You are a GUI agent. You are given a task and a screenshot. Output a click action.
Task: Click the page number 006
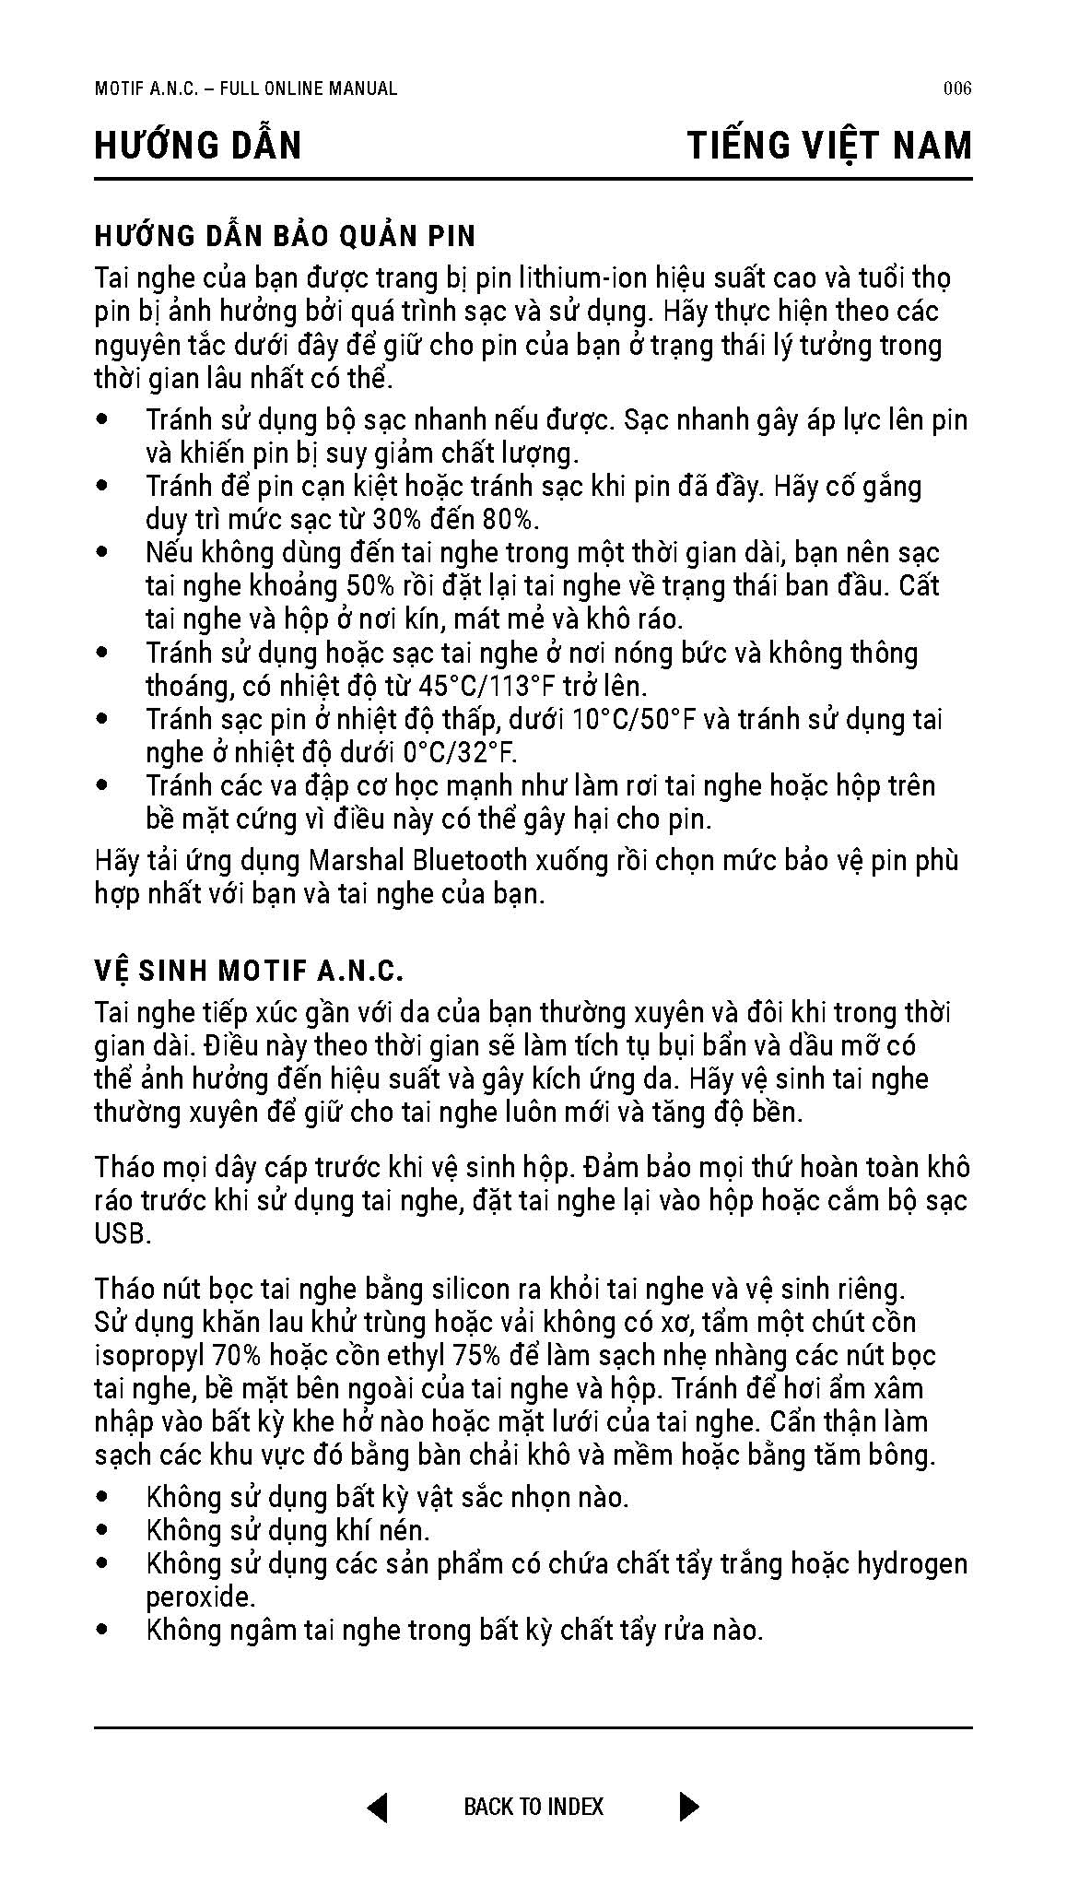(957, 89)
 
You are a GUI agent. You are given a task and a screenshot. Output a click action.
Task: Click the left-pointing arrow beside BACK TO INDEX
(377, 1806)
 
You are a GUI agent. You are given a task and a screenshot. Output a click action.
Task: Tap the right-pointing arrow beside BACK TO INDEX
(689, 1806)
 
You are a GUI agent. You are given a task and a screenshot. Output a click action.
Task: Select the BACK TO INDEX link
(533, 1807)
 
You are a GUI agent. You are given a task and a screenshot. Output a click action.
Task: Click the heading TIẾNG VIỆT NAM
(829, 147)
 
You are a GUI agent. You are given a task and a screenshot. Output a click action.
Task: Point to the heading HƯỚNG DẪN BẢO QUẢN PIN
(285, 237)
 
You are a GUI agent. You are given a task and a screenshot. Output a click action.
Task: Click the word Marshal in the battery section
(356, 861)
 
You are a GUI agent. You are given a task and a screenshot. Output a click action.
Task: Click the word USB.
(122, 1234)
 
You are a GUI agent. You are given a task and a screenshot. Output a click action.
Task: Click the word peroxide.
(200, 1597)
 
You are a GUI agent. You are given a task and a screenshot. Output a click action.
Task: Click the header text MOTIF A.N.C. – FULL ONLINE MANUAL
(246, 89)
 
